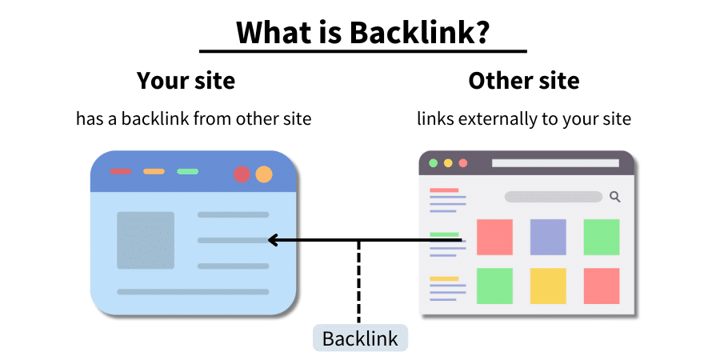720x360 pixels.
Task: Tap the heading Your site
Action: tap(186, 81)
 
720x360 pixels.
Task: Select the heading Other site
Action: tap(524, 81)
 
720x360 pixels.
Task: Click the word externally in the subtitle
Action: tap(487, 119)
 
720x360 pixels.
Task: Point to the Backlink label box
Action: tap(360, 338)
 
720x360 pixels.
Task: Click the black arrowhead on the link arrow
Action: tap(273, 240)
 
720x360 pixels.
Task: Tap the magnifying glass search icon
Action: tap(615, 196)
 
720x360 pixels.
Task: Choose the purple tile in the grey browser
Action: tap(548, 237)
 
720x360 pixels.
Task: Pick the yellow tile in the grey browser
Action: tap(548, 286)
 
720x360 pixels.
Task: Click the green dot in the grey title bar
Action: tap(434, 163)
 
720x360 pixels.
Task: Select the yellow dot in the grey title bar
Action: tap(448, 163)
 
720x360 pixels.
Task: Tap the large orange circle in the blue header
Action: tap(264, 174)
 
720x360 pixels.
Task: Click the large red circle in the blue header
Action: tap(242, 174)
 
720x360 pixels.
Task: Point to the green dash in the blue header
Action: tap(187, 171)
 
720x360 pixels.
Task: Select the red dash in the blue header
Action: tap(120, 171)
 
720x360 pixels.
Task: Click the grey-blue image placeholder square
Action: tap(146, 240)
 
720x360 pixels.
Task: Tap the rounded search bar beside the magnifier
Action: tap(553, 197)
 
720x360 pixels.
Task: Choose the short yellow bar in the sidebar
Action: tap(445, 278)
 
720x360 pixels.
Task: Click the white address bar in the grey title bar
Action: tap(555, 163)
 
